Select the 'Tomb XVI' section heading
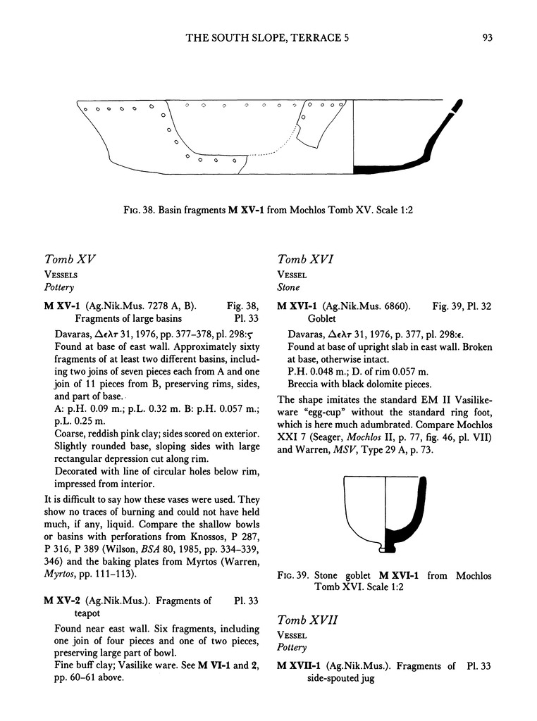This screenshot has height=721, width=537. coord(306,261)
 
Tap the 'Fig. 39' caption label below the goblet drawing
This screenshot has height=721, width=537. coord(293,576)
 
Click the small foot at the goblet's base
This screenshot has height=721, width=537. coord(384,548)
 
